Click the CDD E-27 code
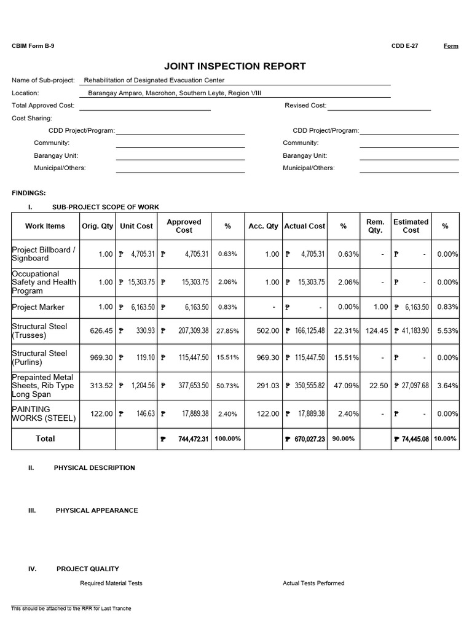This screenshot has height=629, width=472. click(404, 46)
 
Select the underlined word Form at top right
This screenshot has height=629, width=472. click(450, 46)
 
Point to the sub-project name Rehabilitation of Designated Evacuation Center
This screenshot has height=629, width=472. click(154, 80)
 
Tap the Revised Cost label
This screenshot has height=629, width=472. click(305, 106)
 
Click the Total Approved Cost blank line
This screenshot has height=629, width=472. click(144, 106)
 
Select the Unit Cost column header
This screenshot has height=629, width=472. click(136, 226)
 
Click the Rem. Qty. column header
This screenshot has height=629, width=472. click(375, 226)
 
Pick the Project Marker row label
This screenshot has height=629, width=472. click(38, 307)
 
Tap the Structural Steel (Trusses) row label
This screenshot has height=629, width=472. click(39, 331)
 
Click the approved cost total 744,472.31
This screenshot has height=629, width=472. click(189, 439)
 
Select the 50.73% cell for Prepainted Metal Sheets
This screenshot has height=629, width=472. click(227, 386)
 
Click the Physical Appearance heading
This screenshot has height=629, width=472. click(96, 510)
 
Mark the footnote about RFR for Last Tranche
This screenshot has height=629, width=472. click(71, 609)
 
